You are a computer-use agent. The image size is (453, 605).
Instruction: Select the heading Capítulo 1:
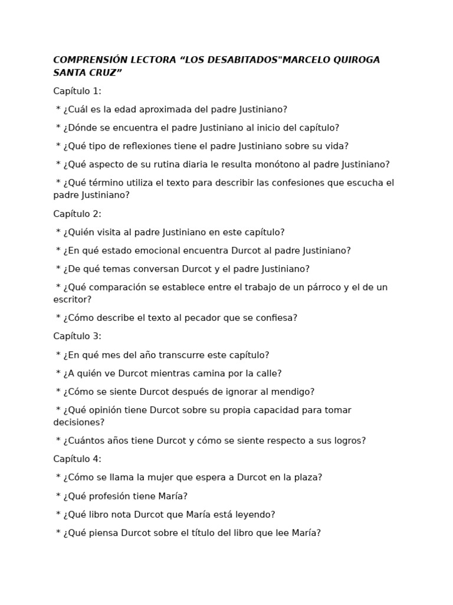coord(77,91)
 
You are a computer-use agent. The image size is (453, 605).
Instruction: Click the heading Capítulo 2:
coord(77,214)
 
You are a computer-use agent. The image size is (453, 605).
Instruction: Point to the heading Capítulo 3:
coord(77,336)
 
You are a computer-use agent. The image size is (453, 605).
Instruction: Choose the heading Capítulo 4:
coord(77,459)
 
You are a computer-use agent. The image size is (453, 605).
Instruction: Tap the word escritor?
coord(72,300)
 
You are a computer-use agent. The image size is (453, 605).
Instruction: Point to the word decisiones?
coord(79,422)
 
